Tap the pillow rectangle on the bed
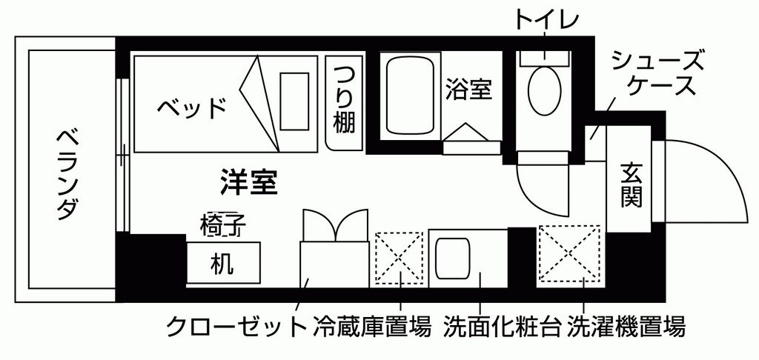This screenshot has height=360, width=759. point(294,101)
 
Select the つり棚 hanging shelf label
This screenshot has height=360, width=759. point(344,100)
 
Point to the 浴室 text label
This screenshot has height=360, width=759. point(468,89)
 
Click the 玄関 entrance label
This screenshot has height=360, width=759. point(632,185)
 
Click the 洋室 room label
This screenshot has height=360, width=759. point(249,182)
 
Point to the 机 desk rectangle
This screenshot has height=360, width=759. point(223,263)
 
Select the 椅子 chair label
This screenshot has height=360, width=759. point(223,224)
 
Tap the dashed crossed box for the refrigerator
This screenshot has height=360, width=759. point(400,258)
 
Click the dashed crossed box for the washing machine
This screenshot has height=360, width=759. point(569,253)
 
